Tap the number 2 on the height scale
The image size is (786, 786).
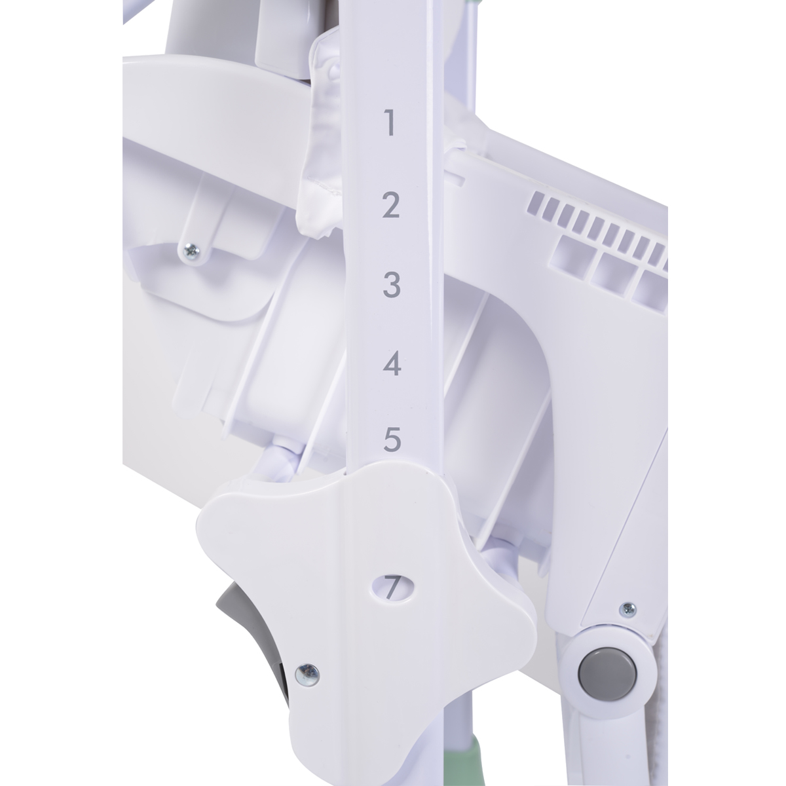coord(391,205)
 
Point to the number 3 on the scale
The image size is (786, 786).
coord(392,284)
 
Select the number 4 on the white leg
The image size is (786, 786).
coord(392,364)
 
